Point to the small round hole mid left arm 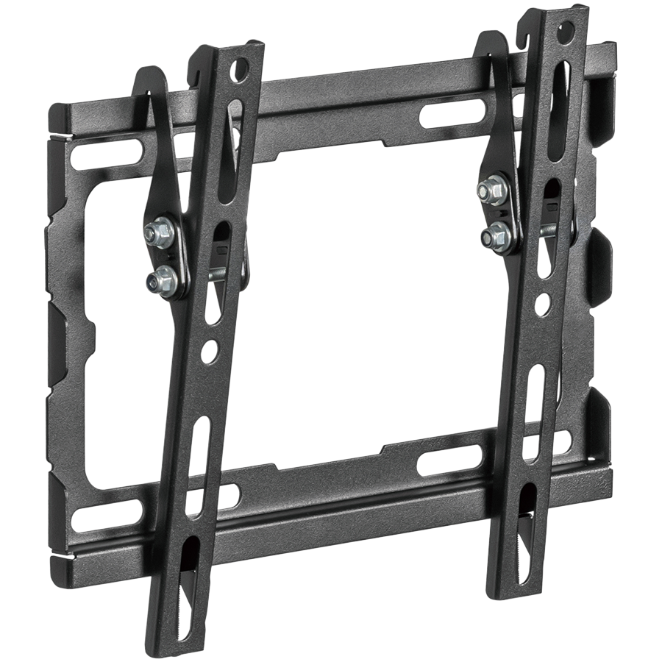212,346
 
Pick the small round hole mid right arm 543,302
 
